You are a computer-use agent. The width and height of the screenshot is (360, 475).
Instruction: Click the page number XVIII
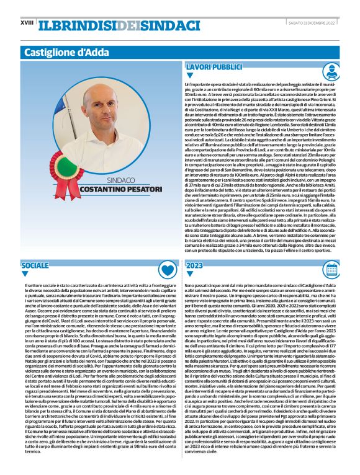click(x=27, y=23)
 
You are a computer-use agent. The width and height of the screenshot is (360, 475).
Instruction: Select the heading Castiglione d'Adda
click(x=65, y=52)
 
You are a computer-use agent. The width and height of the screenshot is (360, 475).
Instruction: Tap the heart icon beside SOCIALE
click(x=166, y=269)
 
